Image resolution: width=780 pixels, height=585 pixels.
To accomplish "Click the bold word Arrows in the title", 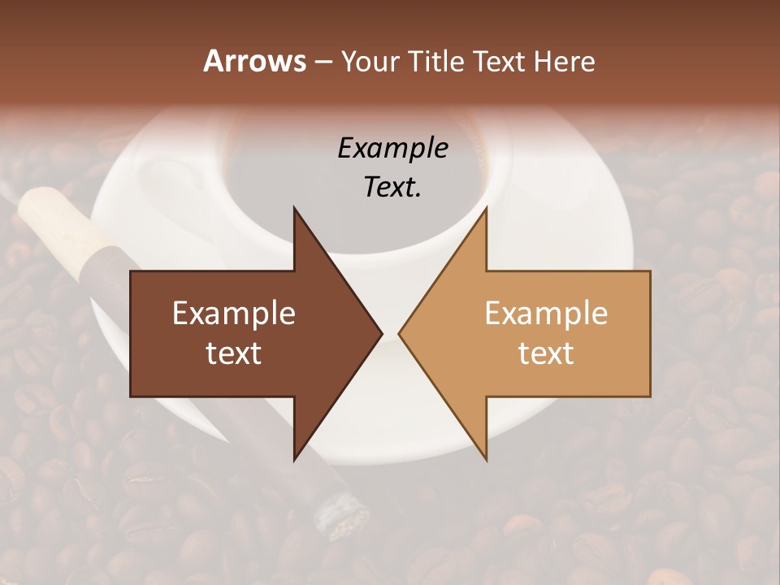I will [x=254, y=61].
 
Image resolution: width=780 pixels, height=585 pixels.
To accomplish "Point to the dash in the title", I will [x=323, y=62].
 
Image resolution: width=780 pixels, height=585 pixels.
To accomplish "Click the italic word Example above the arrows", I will [x=392, y=148].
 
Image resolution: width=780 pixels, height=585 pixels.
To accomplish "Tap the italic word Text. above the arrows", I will [x=392, y=187].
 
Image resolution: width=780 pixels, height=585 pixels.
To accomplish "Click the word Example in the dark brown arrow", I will [x=234, y=314].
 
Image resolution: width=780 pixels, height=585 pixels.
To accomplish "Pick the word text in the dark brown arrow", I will [x=234, y=353].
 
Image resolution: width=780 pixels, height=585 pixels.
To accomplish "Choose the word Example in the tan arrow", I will [x=546, y=314].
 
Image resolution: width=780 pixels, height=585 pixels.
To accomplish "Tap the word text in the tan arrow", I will [x=546, y=353].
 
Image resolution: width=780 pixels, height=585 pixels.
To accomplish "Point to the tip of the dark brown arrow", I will [x=379, y=333].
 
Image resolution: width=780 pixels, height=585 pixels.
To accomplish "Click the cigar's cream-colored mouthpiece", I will [x=61, y=219].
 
